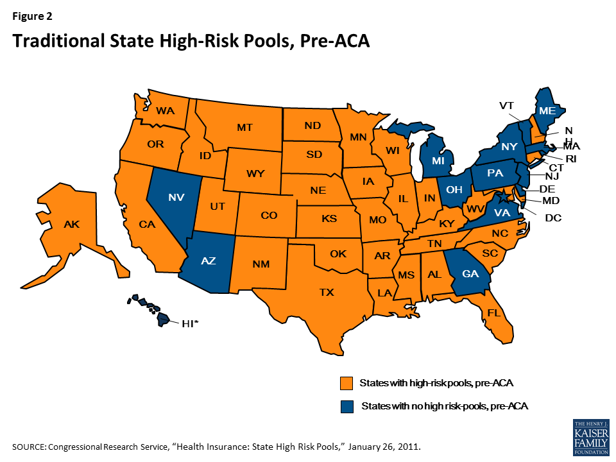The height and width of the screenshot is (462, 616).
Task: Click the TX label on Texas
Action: pos(327,292)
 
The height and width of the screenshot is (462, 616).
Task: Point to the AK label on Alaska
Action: pos(71,225)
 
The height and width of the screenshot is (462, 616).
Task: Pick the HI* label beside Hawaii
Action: pos(191,324)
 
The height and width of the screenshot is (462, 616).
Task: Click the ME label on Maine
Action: pos(547,111)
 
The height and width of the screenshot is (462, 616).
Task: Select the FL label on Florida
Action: pos(493,314)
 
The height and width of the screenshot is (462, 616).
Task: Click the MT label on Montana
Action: pos(244,127)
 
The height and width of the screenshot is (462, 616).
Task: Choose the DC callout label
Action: pos(553,218)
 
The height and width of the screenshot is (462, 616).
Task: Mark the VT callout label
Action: pos(506,105)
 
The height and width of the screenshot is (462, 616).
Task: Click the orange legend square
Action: pos(347,384)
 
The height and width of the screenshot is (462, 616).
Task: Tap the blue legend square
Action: pos(347,406)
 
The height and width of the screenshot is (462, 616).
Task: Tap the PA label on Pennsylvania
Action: pos(495,173)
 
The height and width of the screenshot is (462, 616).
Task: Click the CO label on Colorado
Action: pos(269,216)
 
